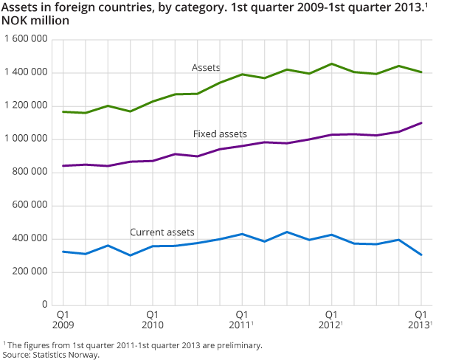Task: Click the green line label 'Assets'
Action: [x=206, y=68]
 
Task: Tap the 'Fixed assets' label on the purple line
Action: [x=219, y=134]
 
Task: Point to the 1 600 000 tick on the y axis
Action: [x=28, y=39]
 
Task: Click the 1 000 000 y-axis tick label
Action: [x=28, y=139]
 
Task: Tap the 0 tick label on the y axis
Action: [x=46, y=305]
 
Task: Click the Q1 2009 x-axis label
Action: [x=63, y=319]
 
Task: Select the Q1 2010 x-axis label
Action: [x=152, y=319]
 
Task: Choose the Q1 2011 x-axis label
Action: [x=241, y=319]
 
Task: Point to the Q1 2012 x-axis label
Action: [x=331, y=319]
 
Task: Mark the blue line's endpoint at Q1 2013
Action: [x=420, y=255]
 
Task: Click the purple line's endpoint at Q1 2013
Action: [x=420, y=122]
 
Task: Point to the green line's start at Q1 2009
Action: [x=63, y=111]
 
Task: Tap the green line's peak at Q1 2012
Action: [x=331, y=63]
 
